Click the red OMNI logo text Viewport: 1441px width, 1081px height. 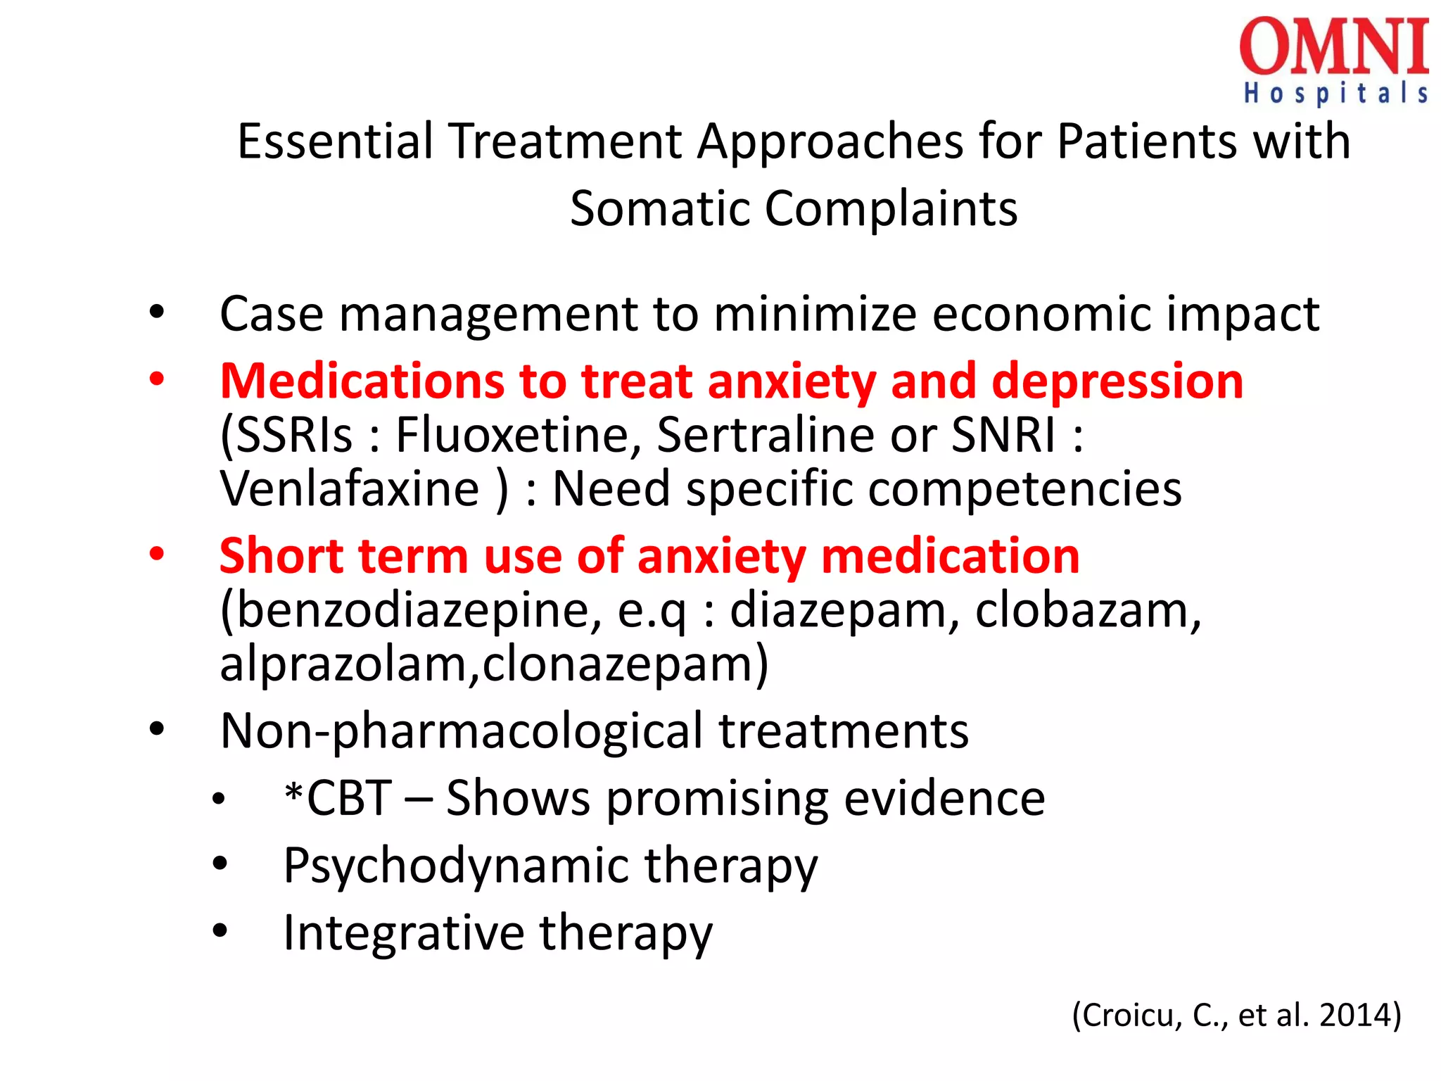pyautogui.click(x=1334, y=48)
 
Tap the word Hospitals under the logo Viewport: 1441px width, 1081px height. pyautogui.click(x=1335, y=94)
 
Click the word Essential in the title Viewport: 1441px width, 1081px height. pyautogui.click(x=335, y=141)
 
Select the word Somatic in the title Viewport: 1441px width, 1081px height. pyautogui.click(x=660, y=209)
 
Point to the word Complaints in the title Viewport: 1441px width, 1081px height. pyautogui.click(x=891, y=209)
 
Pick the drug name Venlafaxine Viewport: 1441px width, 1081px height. pyautogui.click(x=350, y=488)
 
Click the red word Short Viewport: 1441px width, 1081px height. pyautogui.click(x=281, y=556)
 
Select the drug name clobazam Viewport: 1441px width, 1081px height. pyautogui.click(x=1088, y=609)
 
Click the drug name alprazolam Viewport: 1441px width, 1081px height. pyautogui.click(x=343, y=664)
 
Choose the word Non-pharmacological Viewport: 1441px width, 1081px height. pyautogui.click(x=461, y=731)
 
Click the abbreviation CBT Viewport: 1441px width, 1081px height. pyautogui.click(x=349, y=799)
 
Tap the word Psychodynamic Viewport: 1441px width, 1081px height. pyautogui.click(x=456, y=866)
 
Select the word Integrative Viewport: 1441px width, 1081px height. pyautogui.click(x=403, y=933)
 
